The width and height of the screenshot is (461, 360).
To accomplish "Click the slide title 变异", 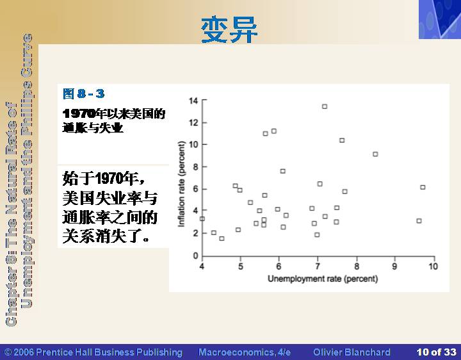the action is pos(229,30).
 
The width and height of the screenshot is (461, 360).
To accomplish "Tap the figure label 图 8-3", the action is pos(84,94).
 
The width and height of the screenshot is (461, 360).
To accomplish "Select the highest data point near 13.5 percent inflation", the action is pos(325,106).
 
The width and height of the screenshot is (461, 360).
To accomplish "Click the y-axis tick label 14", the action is pos(194,101).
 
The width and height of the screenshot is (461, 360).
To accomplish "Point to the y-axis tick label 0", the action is pos(195,256).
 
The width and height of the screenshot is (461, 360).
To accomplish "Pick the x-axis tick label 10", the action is pos(433,266).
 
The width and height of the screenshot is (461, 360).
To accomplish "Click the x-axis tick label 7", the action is pos(318,266).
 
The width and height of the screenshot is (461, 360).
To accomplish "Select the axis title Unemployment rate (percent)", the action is pos(323,279).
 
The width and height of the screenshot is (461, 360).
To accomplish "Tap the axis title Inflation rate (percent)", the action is pos(181,184).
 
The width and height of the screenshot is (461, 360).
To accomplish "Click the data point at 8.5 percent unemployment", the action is pos(375,154).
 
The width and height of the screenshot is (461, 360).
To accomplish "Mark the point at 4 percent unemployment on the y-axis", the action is pos(202,219).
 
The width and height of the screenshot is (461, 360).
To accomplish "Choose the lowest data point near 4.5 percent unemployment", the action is pos(222,238).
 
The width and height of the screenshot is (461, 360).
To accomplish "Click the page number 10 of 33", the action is pos(436,352).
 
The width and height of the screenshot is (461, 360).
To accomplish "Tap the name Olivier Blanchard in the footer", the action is pos(352,352).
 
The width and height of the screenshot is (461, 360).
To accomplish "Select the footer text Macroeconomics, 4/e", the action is pos(245,352).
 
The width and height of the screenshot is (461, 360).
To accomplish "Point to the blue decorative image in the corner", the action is pos(440,19).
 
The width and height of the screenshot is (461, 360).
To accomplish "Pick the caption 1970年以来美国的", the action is pos(114,113).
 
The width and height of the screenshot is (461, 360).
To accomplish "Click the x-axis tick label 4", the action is pos(202,266).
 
